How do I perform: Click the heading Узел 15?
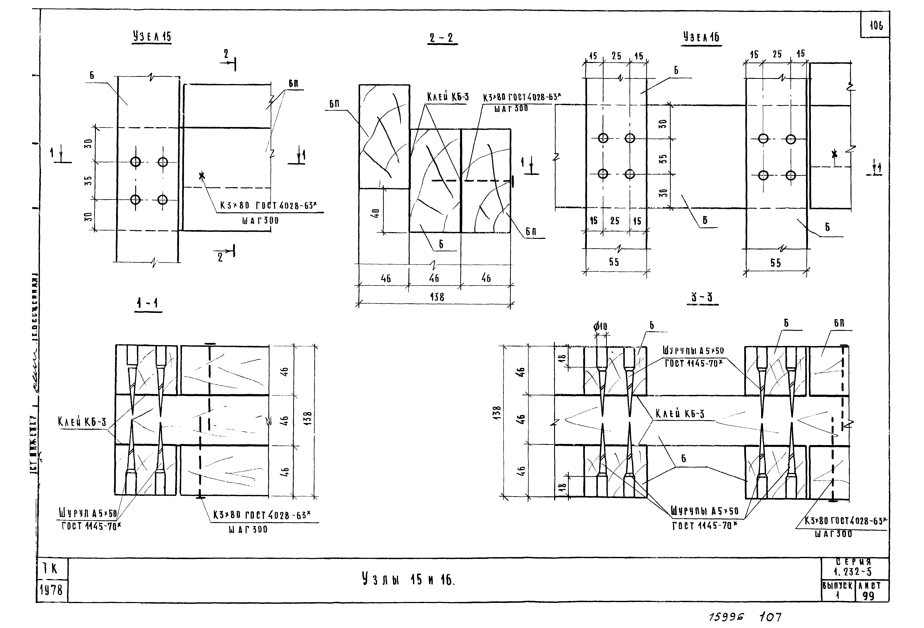(152, 37)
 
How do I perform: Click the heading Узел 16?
(701, 37)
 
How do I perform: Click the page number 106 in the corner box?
(876, 26)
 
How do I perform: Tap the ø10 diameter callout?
(600, 326)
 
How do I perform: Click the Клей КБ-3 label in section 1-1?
(82, 422)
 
